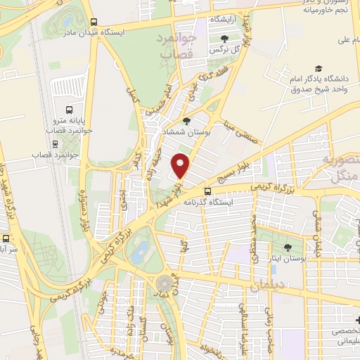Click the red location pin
coord(181,165)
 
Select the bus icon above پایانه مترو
coord(69,110)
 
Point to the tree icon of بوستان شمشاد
coord(186,121)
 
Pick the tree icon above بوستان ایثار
coord(287,247)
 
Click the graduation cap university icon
coord(318,69)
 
